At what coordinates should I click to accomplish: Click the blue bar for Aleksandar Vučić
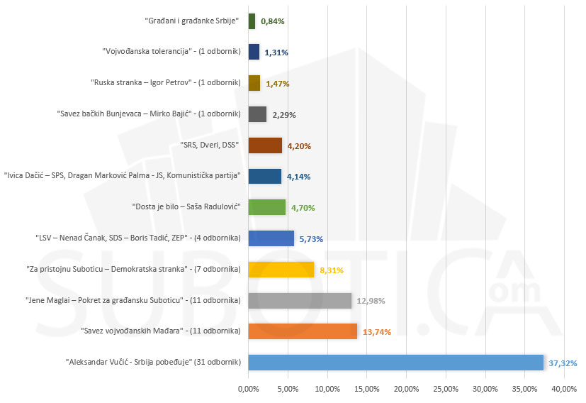point(395,362)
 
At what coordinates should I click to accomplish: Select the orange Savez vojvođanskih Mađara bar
point(303,331)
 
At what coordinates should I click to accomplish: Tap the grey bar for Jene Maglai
point(300,300)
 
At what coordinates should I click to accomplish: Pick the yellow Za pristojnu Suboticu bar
point(281,269)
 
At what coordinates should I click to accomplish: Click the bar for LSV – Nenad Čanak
point(271,238)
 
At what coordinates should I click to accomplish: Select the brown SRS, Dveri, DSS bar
point(265,145)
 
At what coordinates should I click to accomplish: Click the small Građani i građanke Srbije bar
point(252,21)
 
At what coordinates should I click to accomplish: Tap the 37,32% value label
point(563,363)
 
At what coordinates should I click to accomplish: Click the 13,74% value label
point(376,331)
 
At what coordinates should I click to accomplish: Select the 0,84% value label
point(273,21)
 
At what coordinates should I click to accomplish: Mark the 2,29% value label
point(284,114)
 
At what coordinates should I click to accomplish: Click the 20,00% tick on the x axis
point(406,389)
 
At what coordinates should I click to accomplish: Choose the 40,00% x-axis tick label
point(564,389)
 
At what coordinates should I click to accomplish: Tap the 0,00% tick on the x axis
point(248,389)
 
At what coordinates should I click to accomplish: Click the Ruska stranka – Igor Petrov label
point(167,83)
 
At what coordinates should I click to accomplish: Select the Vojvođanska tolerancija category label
point(171,52)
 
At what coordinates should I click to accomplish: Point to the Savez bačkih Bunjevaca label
point(149,114)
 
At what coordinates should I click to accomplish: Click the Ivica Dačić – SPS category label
point(123,175)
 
